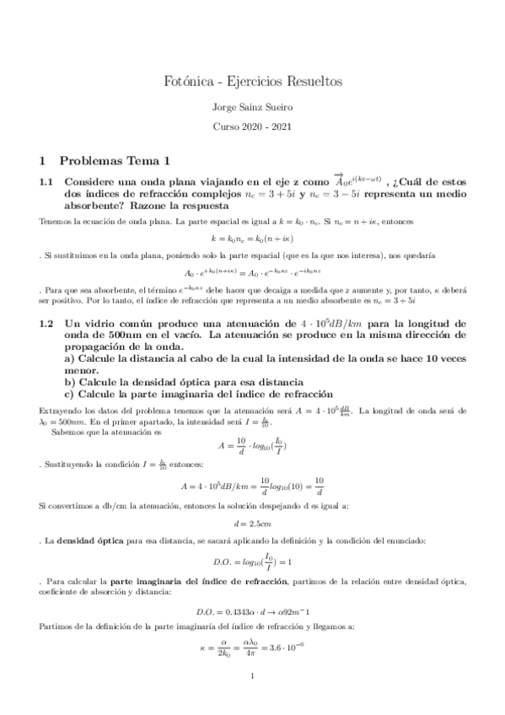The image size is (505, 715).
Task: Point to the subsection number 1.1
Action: coord(48,181)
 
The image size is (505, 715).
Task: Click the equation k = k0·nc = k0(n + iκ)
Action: coord(252,239)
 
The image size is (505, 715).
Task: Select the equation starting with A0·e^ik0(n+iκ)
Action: coord(252,271)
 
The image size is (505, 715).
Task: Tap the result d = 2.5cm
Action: coord(252,523)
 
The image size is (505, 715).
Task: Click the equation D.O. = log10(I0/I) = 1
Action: coord(252,561)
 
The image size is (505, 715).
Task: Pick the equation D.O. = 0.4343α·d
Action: coord(252,611)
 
